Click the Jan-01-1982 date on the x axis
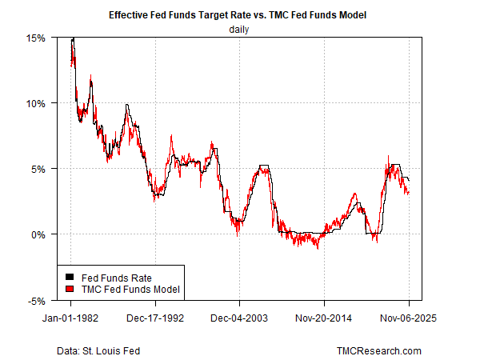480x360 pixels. click(71, 317)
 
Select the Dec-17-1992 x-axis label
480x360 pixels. click(156, 317)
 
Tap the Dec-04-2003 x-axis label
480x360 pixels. click(240, 317)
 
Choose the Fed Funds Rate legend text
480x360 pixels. click(108, 277)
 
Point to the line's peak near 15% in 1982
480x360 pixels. click(73, 39)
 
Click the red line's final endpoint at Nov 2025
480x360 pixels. click(409, 193)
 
